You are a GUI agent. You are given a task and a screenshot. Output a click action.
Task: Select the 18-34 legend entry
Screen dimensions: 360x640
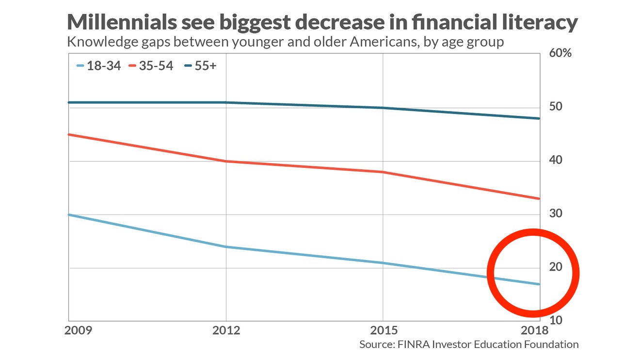pyautogui.click(x=99, y=66)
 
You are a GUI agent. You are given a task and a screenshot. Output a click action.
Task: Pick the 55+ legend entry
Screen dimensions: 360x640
pyautogui.click(x=200, y=66)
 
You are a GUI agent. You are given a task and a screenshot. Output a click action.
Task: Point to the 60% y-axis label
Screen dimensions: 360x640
pyautogui.click(x=560, y=53)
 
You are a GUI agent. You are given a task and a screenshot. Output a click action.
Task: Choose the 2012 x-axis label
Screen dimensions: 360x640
pyautogui.click(x=226, y=331)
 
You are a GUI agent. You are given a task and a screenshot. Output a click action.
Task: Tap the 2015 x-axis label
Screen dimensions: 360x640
pyautogui.click(x=384, y=331)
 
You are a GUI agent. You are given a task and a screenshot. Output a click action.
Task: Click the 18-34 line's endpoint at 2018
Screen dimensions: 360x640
pyautogui.click(x=540, y=284)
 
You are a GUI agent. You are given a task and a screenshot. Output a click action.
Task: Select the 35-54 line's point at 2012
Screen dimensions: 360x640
pyautogui.click(x=226, y=161)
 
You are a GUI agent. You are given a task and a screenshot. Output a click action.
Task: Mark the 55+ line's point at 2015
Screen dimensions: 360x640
pyautogui.click(x=384, y=108)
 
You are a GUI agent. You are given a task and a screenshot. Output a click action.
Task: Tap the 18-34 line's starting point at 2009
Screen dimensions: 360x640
pyautogui.click(x=69, y=214)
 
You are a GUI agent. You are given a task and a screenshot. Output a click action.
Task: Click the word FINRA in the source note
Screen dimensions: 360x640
pyautogui.click(x=413, y=344)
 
